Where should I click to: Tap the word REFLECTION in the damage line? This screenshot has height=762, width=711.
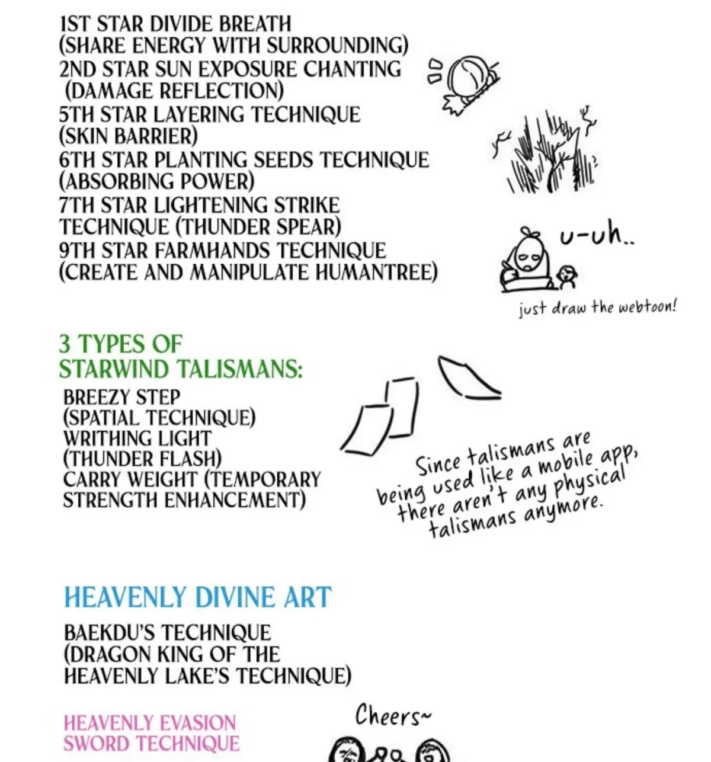point(222,91)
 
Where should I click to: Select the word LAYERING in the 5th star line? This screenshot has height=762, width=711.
point(200,114)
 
